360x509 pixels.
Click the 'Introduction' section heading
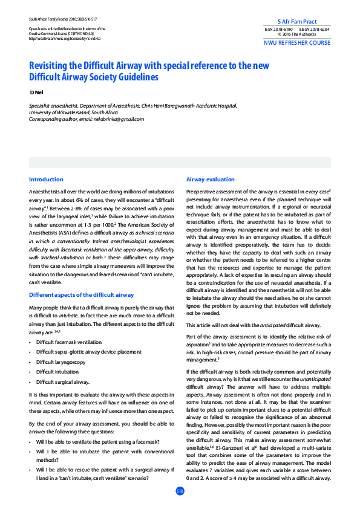[46, 180]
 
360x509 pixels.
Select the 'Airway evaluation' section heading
[210, 180]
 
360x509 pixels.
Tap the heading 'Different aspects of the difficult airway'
[82, 295]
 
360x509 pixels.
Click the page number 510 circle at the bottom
[180, 491]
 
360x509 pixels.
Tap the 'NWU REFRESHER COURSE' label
[297, 44]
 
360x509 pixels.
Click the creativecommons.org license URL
[65, 38]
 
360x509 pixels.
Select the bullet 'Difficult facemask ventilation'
[69, 342]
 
